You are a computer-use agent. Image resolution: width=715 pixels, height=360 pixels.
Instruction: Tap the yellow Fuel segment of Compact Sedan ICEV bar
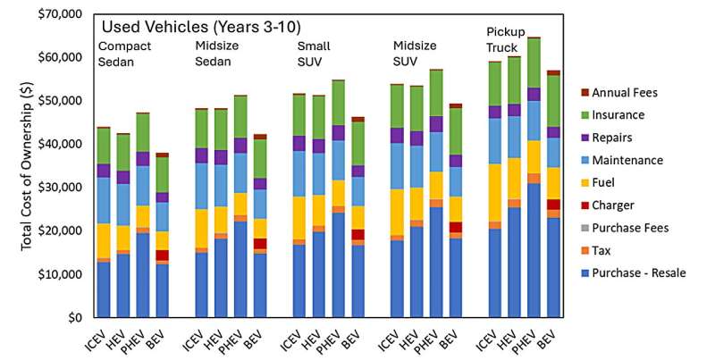pos(104,240)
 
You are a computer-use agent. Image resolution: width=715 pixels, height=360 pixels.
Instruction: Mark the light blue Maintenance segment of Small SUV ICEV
pos(299,173)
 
